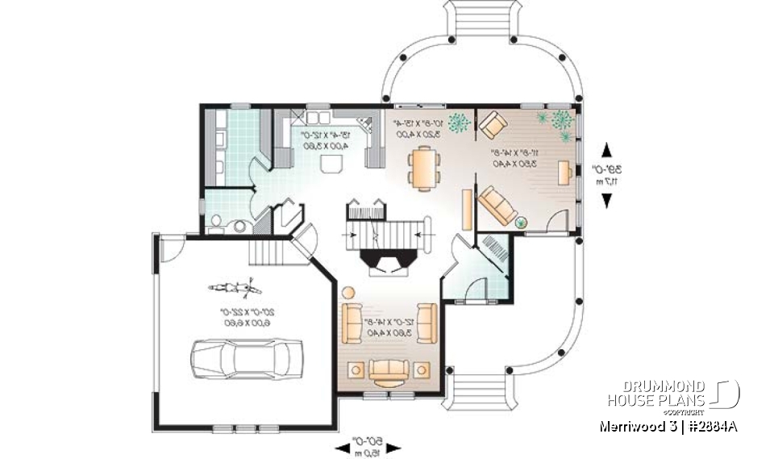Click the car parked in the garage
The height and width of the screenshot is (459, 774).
pos(246,355)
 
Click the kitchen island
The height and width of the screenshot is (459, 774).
pos(331,165)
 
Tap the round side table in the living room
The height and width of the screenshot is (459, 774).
pos(348,293)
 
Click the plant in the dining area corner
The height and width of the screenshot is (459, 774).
pos(460,123)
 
